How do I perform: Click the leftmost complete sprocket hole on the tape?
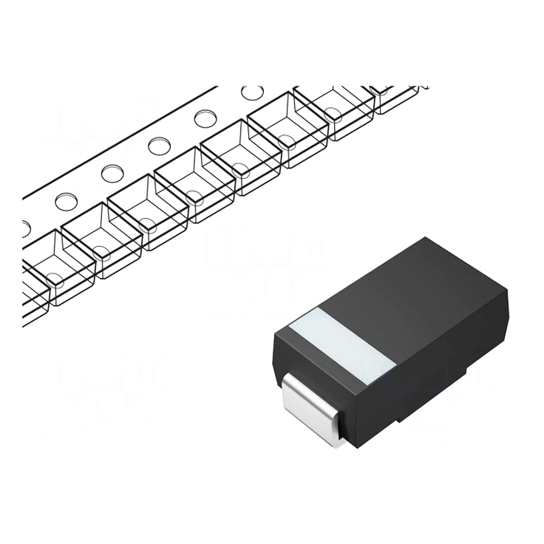[66, 201]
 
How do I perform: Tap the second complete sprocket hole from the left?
[112, 174]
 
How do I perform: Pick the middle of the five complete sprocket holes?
[159, 146]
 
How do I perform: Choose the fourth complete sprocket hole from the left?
[205, 118]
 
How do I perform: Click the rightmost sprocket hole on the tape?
[252, 92]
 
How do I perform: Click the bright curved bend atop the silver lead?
[299, 381]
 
